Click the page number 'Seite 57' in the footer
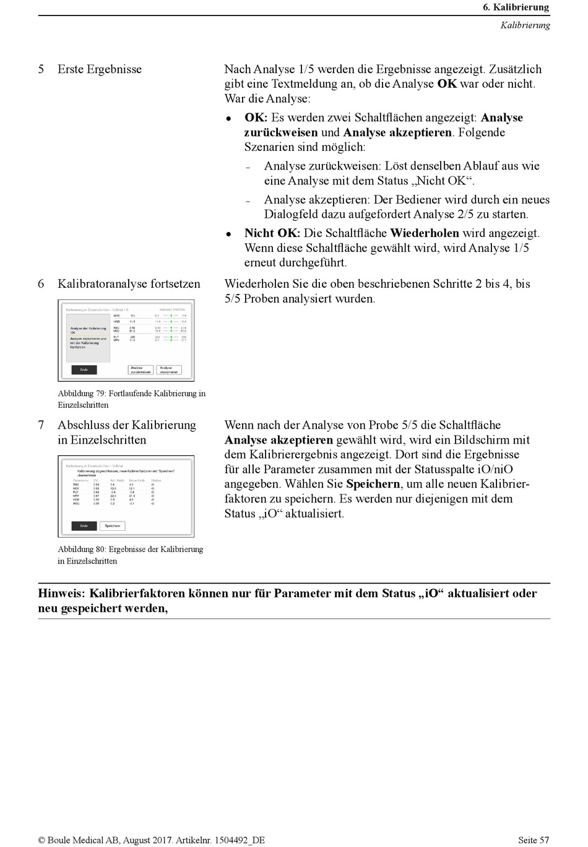tap(533, 840)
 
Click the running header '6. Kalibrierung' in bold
tap(516, 7)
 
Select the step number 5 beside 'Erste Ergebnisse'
tap(41, 69)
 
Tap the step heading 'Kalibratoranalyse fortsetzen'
tap(129, 284)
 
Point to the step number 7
tap(41, 425)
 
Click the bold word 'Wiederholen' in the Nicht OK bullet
tap(424, 233)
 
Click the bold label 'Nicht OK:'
tap(272, 233)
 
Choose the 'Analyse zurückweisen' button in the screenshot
tap(141, 369)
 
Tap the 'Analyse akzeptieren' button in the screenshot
tap(169, 369)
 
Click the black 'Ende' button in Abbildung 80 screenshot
tap(84, 526)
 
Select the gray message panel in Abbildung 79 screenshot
tap(89, 338)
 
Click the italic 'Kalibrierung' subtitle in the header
tap(525, 25)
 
